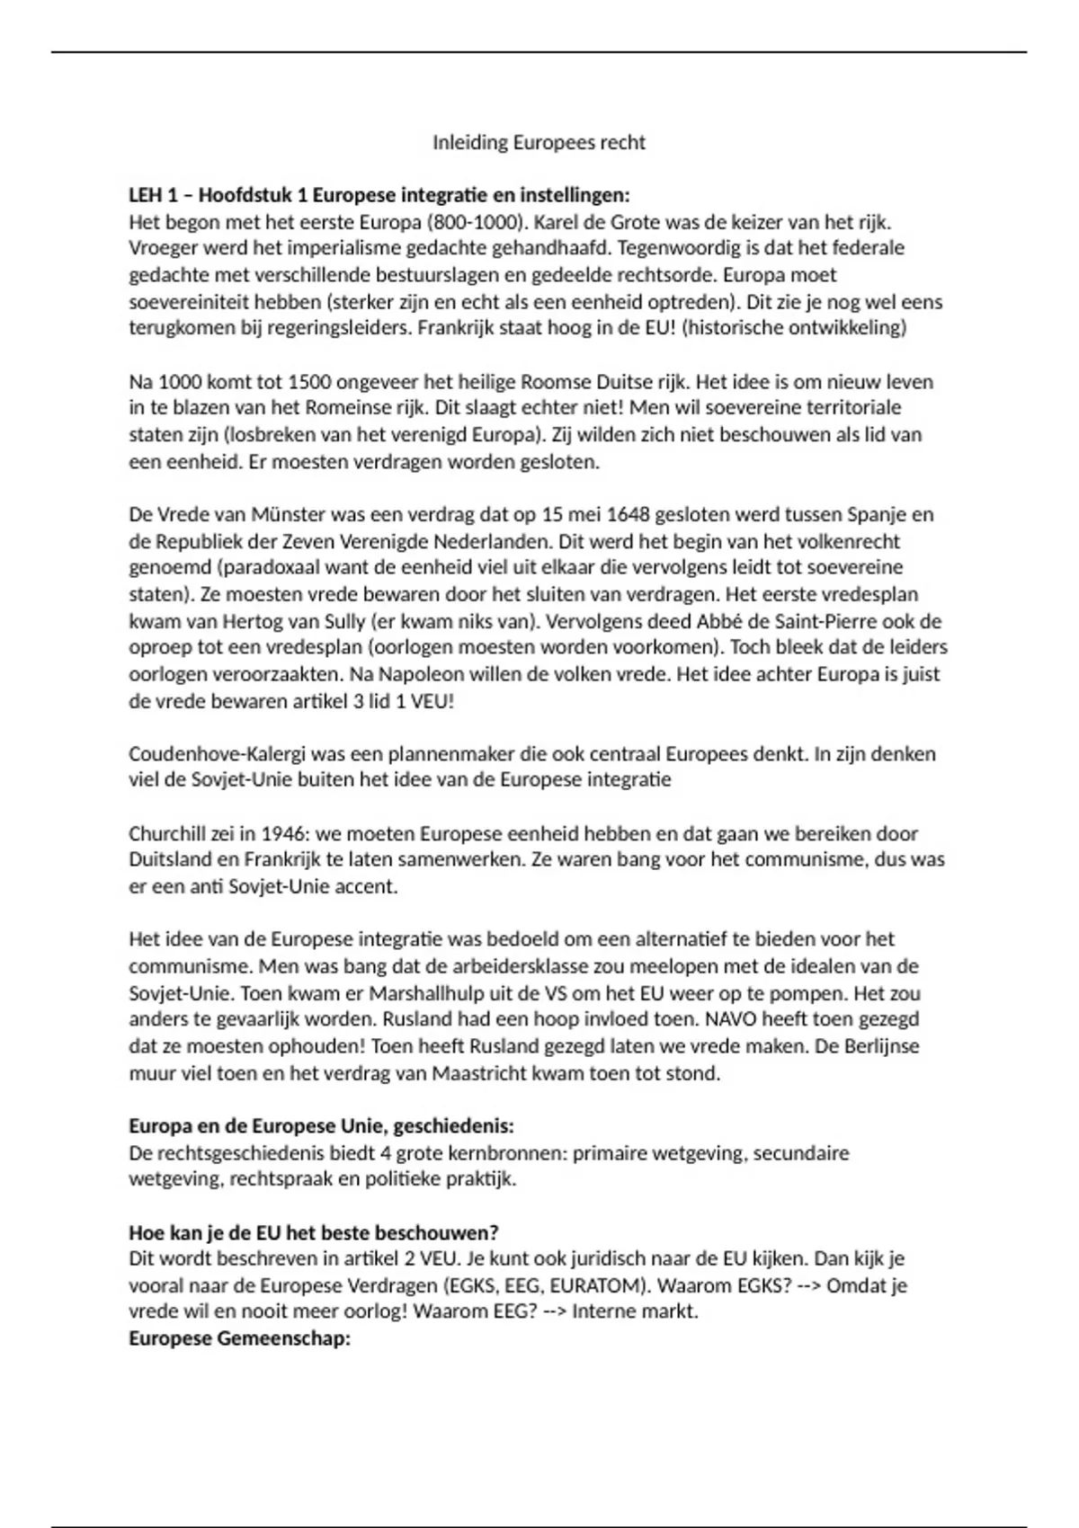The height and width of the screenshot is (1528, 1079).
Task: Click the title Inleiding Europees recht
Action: point(539,143)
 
